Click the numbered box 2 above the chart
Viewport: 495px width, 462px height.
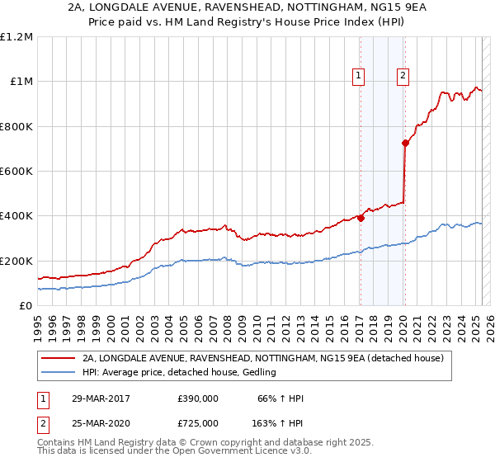coord(403,77)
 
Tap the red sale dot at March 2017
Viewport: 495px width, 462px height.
coord(361,219)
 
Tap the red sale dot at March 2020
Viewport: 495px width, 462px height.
coord(405,144)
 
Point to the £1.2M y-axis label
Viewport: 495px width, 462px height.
coord(16,37)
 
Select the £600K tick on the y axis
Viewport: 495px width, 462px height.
coord(16,172)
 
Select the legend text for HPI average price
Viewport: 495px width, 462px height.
coord(178,373)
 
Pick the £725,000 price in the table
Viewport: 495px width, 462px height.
coord(197,423)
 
